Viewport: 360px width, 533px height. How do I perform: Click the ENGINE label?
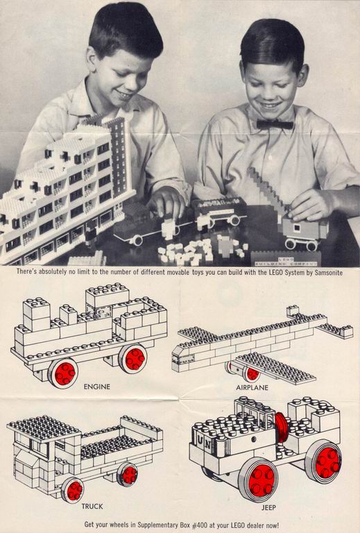point(97,387)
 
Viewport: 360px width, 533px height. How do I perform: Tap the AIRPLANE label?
point(252,387)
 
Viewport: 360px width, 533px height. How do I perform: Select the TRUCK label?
point(92,507)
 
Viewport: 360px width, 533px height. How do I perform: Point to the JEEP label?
point(268,508)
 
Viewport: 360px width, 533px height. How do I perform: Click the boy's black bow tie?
point(275,124)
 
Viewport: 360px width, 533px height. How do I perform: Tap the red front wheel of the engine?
point(65,373)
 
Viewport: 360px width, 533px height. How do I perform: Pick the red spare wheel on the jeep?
point(281,428)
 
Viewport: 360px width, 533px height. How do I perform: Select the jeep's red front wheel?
point(261,480)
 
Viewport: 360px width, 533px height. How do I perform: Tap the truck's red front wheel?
point(74,491)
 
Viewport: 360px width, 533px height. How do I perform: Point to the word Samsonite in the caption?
point(329,272)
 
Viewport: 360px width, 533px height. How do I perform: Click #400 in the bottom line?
point(200,525)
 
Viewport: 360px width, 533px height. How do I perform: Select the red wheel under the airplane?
point(252,374)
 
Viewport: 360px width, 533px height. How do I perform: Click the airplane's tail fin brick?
point(293,310)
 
